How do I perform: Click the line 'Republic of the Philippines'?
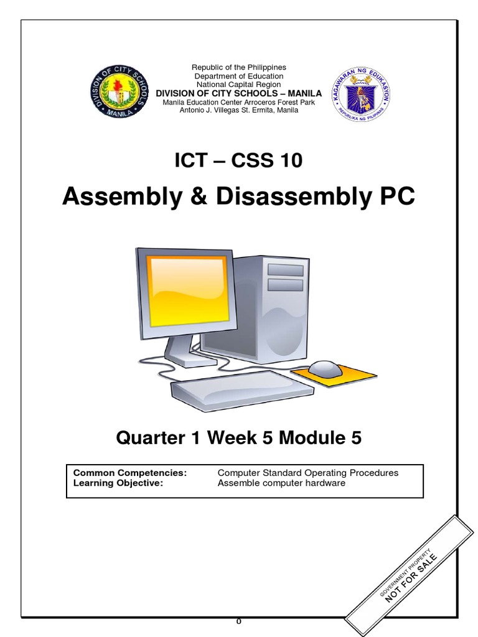click(239, 67)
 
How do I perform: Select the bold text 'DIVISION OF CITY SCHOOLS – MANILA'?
click(239, 93)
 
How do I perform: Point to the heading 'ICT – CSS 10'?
click(239, 160)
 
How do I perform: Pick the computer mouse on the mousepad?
click(325, 368)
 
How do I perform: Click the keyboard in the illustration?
click(243, 389)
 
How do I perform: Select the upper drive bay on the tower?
click(285, 270)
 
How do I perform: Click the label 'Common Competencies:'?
click(130, 473)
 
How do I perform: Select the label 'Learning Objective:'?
click(118, 483)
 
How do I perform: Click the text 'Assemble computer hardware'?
click(281, 483)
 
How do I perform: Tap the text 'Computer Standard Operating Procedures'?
click(308, 473)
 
